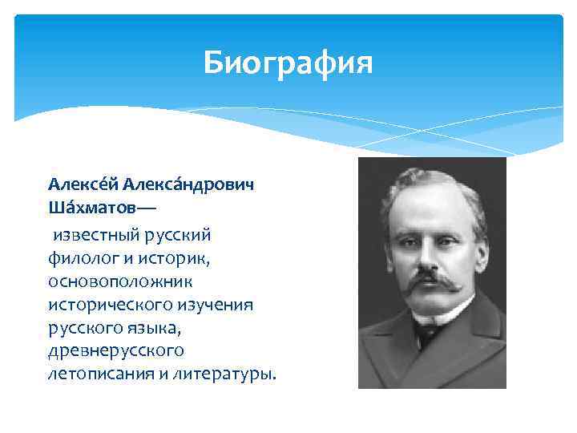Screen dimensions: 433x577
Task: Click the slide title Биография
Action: [288, 62]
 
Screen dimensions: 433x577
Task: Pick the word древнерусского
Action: [115, 351]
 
